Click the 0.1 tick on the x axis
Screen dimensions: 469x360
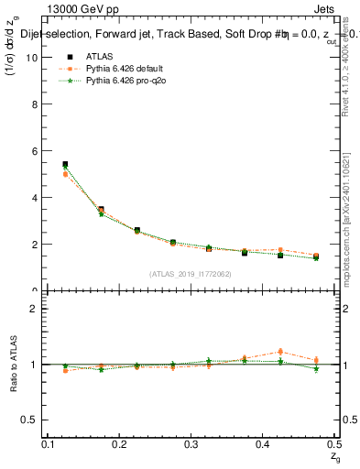(49, 443)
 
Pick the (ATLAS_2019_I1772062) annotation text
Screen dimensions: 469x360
(191, 274)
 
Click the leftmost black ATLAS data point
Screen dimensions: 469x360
(65, 164)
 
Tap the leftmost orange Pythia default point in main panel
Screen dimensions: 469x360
(65, 174)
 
